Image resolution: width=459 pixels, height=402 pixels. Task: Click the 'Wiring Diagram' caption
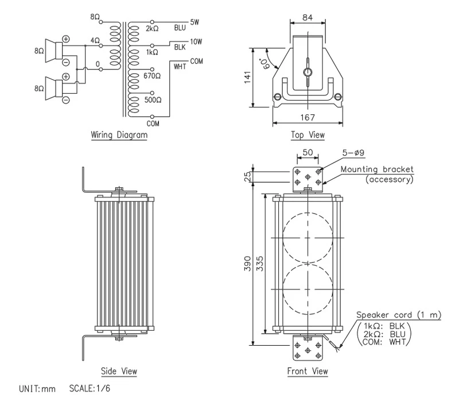click(x=119, y=136)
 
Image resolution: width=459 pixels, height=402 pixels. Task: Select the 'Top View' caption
click(x=308, y=136)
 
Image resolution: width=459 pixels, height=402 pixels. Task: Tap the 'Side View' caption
click(x=119, y=370)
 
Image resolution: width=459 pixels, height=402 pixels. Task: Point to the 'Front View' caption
click(x=308, y=371)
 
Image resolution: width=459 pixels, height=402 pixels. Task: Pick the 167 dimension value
click(x=308, y=117)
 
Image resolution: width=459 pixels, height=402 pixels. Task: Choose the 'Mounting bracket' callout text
click(x=377, y=169)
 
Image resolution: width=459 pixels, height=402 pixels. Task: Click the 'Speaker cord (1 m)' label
click(x=399, y=315)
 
